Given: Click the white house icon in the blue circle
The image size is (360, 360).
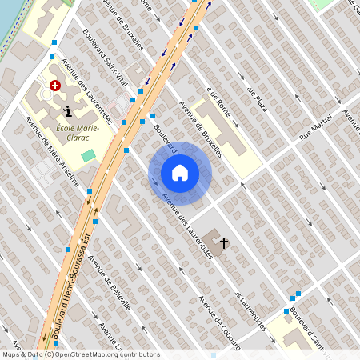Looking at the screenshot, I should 180,173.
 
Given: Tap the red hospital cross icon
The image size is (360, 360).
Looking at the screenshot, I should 54,85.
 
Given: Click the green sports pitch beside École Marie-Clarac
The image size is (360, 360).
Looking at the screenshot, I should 88,154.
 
